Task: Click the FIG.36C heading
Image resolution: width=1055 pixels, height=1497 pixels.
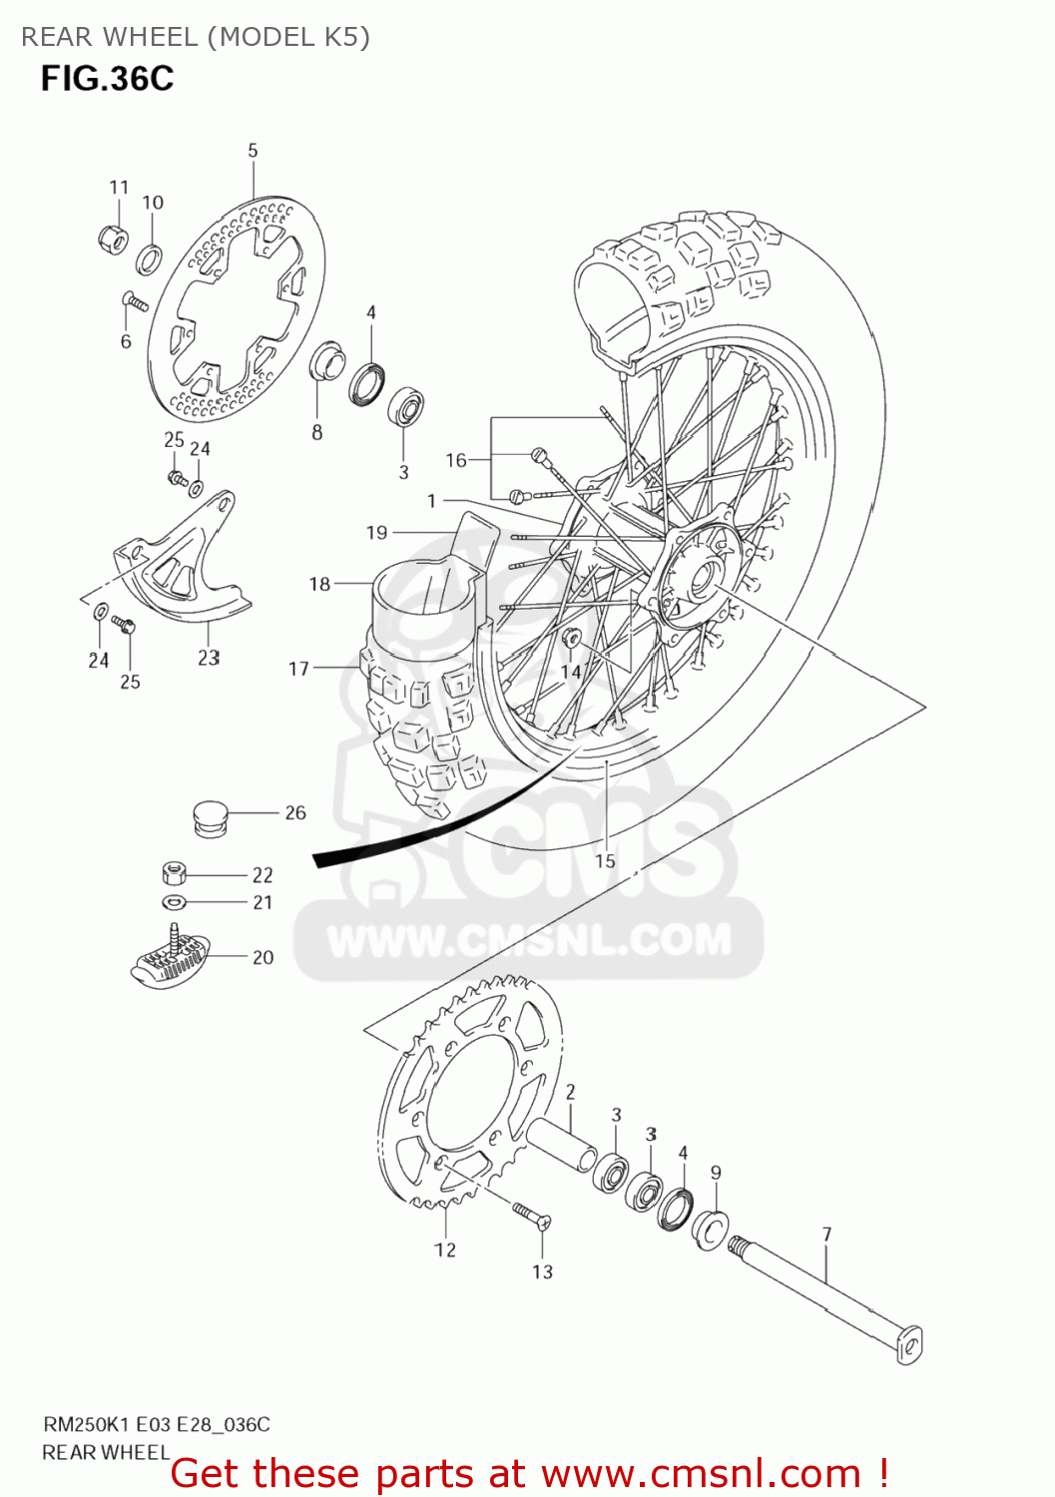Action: point(107,78)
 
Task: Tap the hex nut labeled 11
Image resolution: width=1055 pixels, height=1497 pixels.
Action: point(114,239)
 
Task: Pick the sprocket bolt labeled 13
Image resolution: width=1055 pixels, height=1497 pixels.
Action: point(532,1214)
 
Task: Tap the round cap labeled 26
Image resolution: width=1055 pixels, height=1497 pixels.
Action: point(210,817)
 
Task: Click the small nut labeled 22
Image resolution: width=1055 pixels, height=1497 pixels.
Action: point(174,873)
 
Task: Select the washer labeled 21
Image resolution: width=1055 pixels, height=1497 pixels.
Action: point(174,902)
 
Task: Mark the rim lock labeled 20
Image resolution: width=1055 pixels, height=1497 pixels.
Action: point(170,958)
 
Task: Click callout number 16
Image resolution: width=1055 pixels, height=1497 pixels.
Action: point(456,460)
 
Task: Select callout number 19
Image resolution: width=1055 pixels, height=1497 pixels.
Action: point(376,533)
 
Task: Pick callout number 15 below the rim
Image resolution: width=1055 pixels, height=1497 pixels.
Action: point(605,860)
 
